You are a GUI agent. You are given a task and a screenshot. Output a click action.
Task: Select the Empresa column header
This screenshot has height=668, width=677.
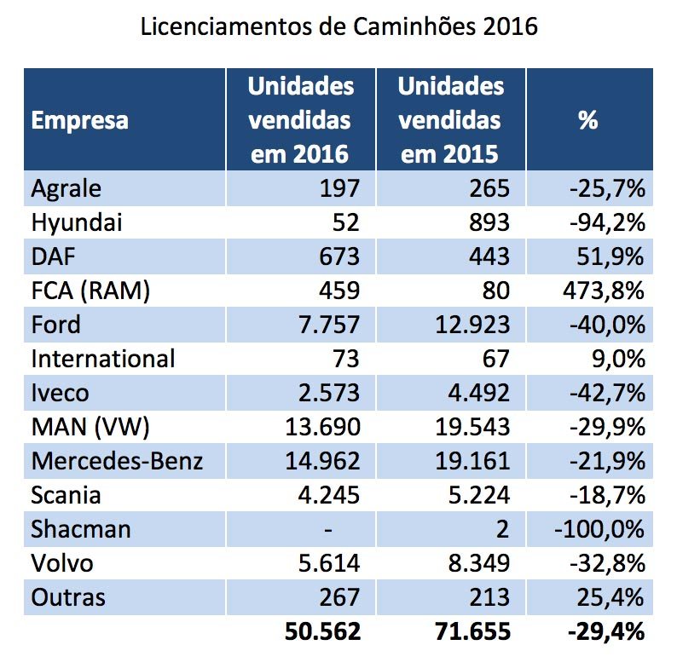80,120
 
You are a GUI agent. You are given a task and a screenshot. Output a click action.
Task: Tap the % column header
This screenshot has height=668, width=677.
588,120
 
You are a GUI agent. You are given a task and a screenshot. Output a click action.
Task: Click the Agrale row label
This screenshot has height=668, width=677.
66,187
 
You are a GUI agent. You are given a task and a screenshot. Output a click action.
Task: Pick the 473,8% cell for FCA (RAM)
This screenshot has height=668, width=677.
601,291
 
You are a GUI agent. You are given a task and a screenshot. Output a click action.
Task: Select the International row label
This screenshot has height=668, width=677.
103,359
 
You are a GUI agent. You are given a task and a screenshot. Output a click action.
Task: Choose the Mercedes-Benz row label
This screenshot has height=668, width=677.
118,461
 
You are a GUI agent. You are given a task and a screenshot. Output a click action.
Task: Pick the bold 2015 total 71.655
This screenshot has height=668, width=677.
468,632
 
